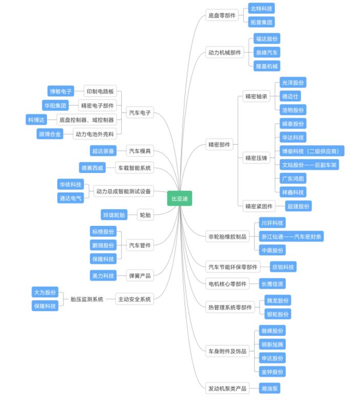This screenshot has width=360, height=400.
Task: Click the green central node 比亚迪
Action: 180,198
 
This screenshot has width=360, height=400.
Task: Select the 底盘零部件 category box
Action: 222,15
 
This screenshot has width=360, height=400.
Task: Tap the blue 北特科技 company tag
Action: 262,8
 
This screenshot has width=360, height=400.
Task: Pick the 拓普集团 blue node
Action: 262,22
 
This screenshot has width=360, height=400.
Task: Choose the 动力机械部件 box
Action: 225,53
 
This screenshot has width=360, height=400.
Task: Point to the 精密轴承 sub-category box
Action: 256,97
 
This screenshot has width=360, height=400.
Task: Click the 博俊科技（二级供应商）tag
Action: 312,151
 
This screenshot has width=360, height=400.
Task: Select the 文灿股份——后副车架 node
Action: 309,165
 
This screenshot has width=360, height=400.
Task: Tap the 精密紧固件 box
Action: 259,206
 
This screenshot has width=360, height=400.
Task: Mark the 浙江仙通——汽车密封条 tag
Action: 291,236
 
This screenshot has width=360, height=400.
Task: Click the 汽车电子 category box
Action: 140,113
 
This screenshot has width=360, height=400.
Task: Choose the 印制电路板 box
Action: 100,91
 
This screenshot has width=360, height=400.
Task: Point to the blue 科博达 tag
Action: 36,120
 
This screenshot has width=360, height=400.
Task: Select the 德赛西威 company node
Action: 92,168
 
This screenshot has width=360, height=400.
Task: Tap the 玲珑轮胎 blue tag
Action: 114,215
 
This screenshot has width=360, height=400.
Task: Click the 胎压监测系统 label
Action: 87,299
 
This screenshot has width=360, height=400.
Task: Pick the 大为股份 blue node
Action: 45,292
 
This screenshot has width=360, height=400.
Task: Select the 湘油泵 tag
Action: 270,388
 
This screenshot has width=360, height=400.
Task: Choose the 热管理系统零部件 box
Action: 230,307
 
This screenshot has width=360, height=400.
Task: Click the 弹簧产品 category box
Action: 140,276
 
